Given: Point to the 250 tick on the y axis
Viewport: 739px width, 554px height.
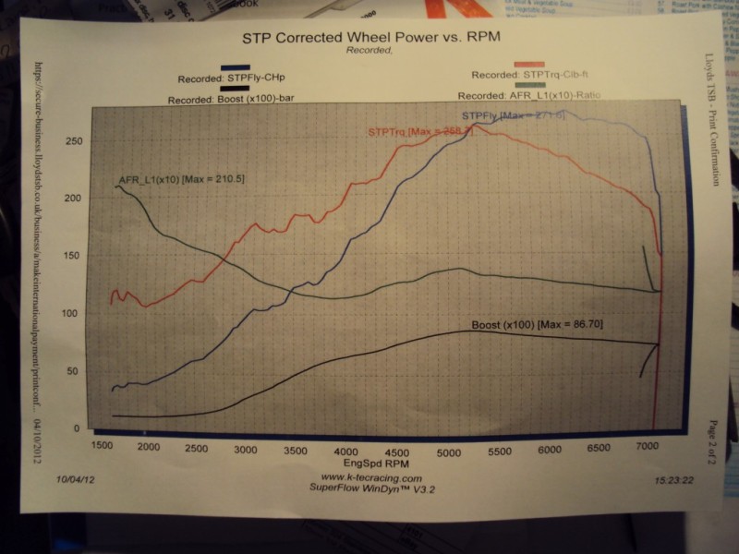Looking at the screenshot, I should pyautogui.click(x=72, y=141).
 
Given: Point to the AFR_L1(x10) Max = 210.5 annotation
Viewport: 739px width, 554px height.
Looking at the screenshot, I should pyautogui.click(x=181, y=178).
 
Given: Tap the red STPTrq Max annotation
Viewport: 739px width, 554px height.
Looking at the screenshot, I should pyautogui.click(x=420, y=132).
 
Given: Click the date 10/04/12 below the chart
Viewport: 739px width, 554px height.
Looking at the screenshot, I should pyautogui.click(x=75, y=479).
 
